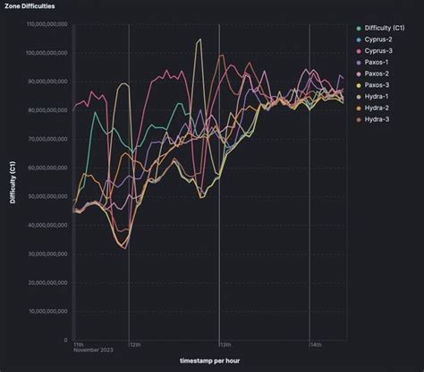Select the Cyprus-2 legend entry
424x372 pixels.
(x=380, y=39)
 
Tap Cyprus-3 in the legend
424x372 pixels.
(x=380, y=51)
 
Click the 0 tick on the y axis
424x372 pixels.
(x=66, y=340)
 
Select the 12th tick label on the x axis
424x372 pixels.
(x=134, y=344)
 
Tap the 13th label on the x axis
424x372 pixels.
(x=225, y=344)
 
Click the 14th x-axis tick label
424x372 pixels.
(x=315, y=344)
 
